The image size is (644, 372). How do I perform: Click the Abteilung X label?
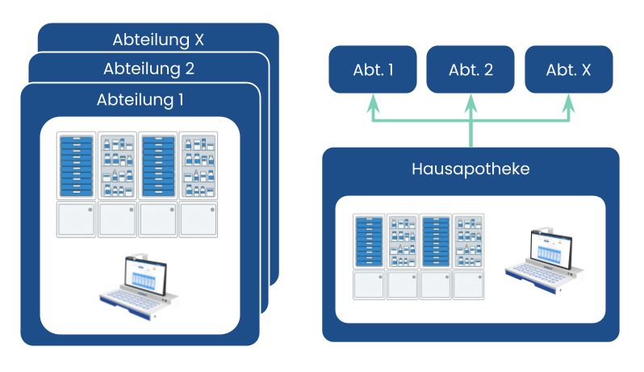[x=157, y=40]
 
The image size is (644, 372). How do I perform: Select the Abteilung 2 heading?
[x=148, y=69]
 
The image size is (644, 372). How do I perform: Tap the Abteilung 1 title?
[x=140, y=100]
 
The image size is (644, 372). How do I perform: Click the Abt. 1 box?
[x=373, y=69]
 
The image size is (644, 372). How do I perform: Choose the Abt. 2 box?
[x=470, y=69]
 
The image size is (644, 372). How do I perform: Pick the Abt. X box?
[x=568, y=69]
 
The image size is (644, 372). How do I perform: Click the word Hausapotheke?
[x=470, y=169]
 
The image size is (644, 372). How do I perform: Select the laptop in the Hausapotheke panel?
[x=539, y=260]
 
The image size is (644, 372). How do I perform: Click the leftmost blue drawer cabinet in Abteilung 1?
[x=77, y=165]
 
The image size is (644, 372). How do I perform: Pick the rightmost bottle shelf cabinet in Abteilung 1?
[x=199, y=165]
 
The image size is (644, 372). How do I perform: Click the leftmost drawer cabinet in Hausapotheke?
[x=370, y=240]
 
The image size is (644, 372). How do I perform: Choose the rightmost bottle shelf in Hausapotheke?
[x=467, y=240]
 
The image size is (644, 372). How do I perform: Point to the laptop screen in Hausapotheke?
[x=550, y=250]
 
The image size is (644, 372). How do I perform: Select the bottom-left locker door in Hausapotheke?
[x=370, y=284]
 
